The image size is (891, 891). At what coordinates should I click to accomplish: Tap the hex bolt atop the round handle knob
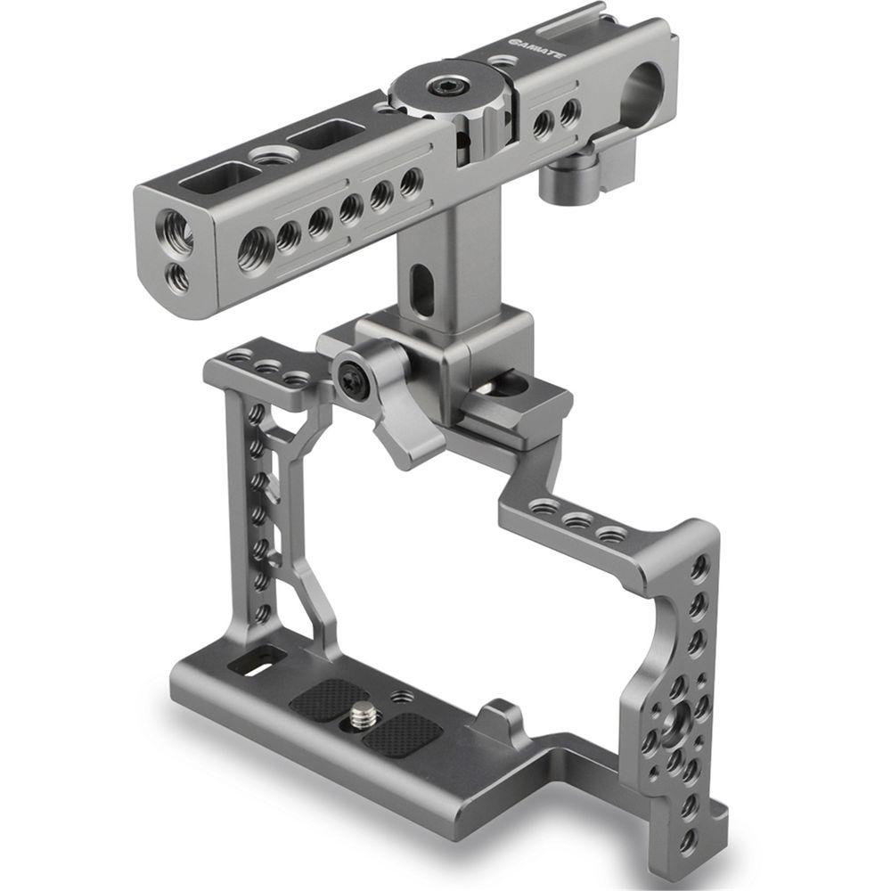point(443,86)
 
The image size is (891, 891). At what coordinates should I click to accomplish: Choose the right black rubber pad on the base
point(405,732)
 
